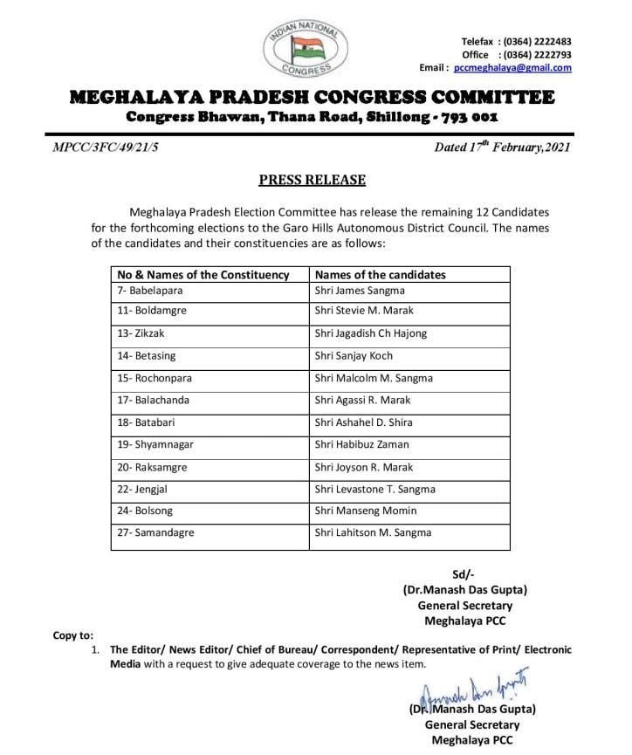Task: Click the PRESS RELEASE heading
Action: pyautogui.click(x=312, y=181)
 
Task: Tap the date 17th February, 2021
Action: pyautogui.click(x=502, y=147)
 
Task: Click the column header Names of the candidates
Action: pyautogui.click(x=380, y=274)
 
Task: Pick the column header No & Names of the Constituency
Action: pyautogui.click(x=203, y=274)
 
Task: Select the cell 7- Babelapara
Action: pyautogui.click(x=150, y=291)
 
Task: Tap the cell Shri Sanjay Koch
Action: pyautogui.click(x=354, y=356)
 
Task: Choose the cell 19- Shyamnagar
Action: pyautogui.click(x=155, y=444)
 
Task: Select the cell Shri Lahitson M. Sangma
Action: pyautogui.click(x=373, y=532)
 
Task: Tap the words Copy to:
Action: pyautogui.click(x=73, y=635)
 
